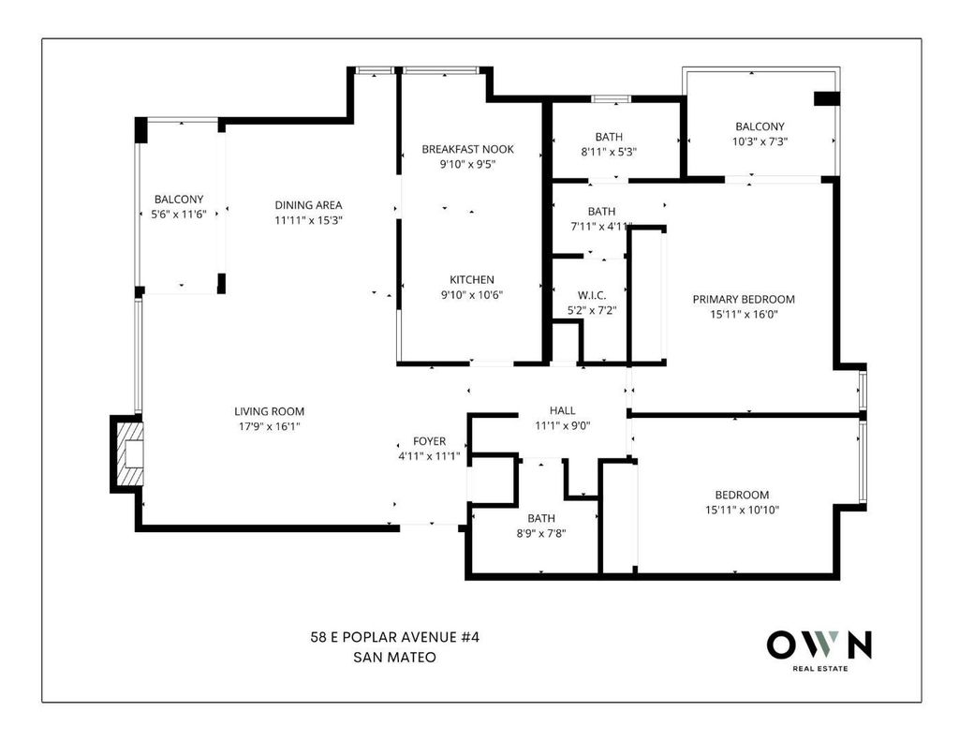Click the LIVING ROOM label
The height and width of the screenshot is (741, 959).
(x=269, y=411)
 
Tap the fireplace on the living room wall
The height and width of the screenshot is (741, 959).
(x=127, y=453)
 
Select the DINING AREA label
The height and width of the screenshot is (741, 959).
(x=308, y=205)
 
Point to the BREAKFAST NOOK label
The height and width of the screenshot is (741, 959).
(x=468, y=149)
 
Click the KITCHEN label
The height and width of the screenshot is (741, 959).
(x=472, y=280)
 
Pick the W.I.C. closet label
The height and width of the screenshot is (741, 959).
(x=592, y=295)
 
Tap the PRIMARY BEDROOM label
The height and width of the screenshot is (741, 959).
(x=744, y=299)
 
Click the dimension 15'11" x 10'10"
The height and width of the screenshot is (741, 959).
(x=743, y=510)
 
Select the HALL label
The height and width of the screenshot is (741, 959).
(x=562, y=410)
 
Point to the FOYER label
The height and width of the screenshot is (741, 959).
(x=429, y=441)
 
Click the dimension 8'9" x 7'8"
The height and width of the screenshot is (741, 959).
(x=541, y=533)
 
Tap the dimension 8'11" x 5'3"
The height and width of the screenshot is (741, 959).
(x=609, y=152)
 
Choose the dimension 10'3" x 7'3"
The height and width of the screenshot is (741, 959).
(x=760, y=141)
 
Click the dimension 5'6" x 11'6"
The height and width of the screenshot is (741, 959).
(x=179, y=215)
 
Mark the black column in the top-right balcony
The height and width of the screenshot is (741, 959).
(x=826, y=98)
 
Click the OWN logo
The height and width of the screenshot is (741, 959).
(x=819, y=645)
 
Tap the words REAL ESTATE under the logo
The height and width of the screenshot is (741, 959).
(x=820, y=669)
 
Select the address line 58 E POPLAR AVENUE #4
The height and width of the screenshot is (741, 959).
(x=395, y=637)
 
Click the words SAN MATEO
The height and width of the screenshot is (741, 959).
(x=395, y=658)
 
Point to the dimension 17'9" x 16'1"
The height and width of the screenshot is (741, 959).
(x=269, y=426)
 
